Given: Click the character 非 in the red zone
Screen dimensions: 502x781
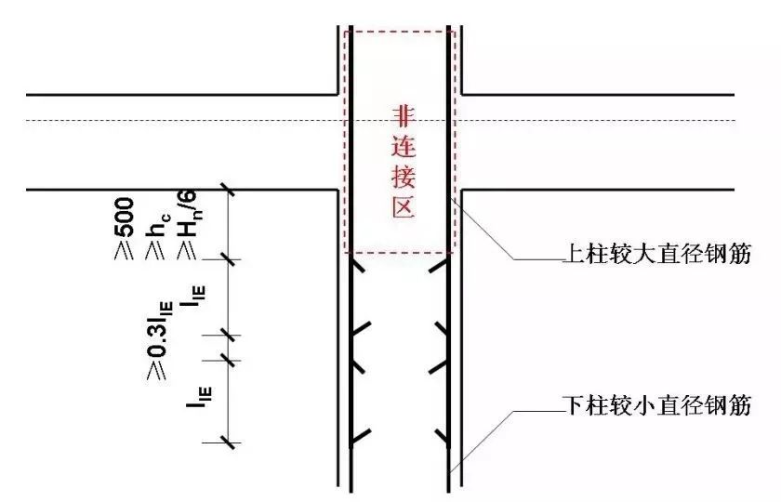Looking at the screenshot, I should click(404, 118).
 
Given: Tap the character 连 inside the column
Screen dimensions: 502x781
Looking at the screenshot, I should click(404, 149).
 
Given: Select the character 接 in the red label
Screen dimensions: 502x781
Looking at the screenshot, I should click(404, 178).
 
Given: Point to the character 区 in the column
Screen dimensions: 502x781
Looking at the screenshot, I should click(404, 209).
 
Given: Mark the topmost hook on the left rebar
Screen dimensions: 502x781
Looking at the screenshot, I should click(364, 268).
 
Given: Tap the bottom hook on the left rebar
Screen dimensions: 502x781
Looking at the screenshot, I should click(364, 433).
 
